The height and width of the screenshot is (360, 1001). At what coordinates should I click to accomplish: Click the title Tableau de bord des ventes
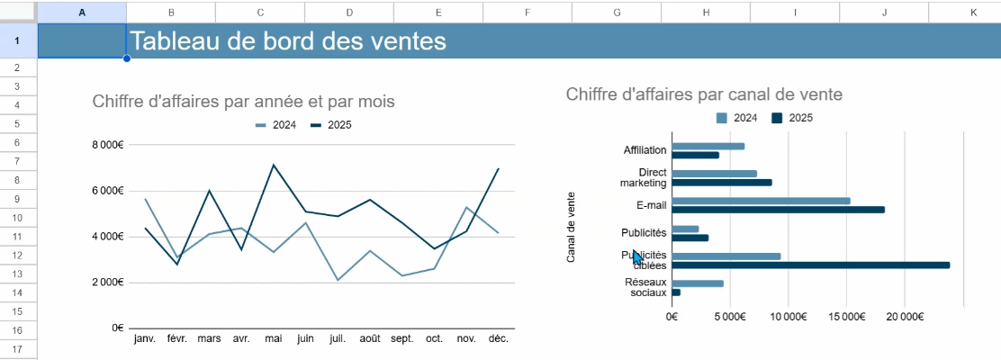pyautogui.click(x=288, y=40)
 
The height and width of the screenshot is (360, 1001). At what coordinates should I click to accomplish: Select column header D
pyautogui.click(x=349, y=12)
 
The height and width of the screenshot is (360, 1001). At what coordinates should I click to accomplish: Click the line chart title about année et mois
pyautogui.click(x=244, y=101)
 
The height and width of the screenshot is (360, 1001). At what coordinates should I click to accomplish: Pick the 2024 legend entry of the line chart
pyautogui.click(x=275, y=125)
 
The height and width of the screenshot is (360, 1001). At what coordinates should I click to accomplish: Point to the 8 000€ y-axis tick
pyautogui.click(x=107, y=145)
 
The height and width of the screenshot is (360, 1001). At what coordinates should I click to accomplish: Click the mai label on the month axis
pyautogui.click(x=274, y=338)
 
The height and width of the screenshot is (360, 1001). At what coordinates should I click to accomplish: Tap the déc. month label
pyautogui.click(x=498, y=338)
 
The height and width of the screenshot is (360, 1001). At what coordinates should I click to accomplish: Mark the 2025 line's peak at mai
pyautogui.click(x=274, y=165)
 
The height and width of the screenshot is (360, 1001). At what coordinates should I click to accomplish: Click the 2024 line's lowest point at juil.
pyautogui.click(x=338, y=280)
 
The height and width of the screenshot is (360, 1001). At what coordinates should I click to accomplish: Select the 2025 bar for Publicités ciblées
pyautogui.click(x=811, y=265)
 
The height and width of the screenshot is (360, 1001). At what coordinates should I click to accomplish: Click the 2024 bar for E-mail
pyautogui.click(x=761, y=201)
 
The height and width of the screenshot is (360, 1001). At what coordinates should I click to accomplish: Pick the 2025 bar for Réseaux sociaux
pyautogui.click(x=676, y=292)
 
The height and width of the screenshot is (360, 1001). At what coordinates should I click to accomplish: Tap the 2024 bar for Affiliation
pyautogui.click(x=708, y=146)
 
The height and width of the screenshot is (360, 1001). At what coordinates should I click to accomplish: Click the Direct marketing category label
pyautogui.click(x=644, y=177)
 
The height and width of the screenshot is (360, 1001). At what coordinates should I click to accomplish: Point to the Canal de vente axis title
pyautogui.click(x=571, y=227)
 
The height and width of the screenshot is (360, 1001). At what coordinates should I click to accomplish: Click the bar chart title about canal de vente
pyautogui.click(x=704, y=94)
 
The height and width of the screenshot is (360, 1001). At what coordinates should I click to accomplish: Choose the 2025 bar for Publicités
pyautogui.click(x=690, y=238)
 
